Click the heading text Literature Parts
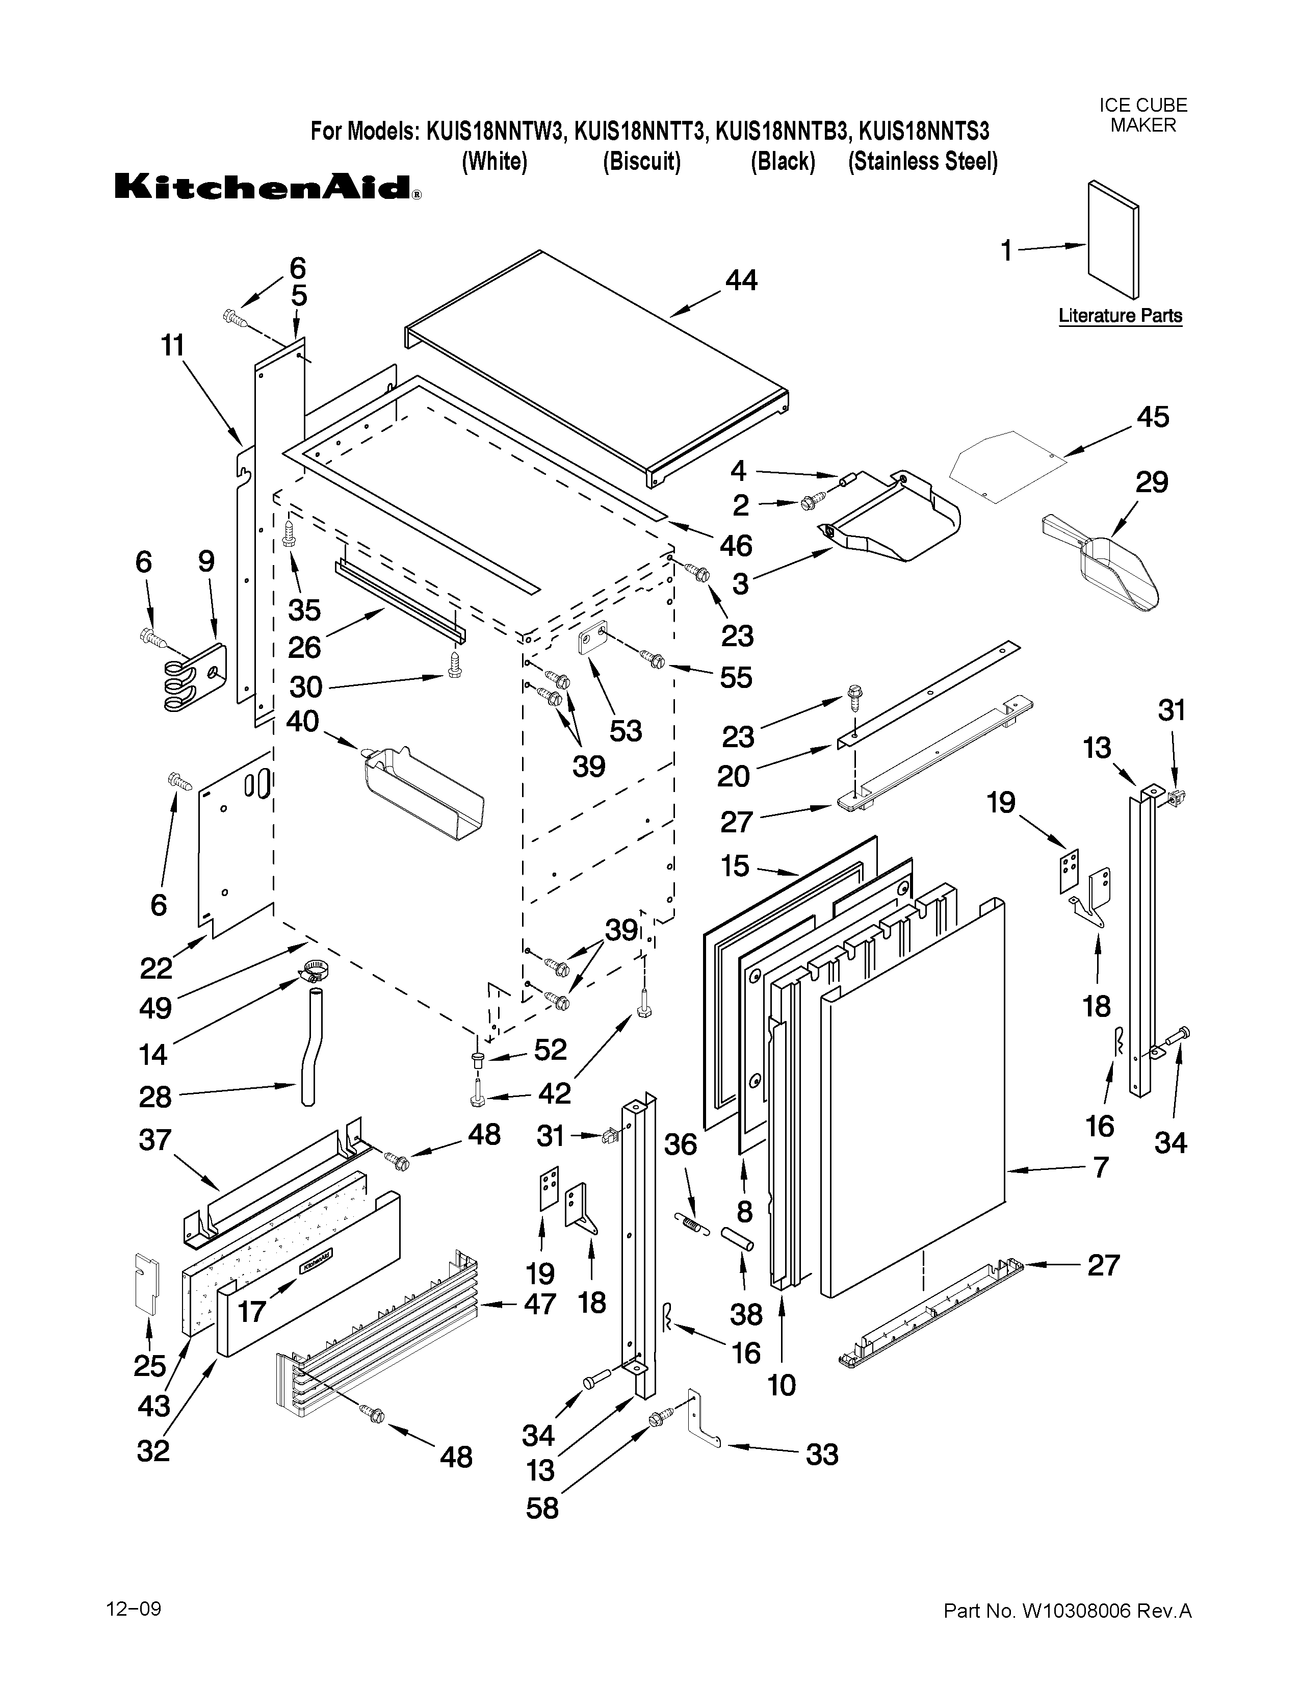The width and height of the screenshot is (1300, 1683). (x=1120, y=315)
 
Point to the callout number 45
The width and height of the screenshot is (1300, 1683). (x=1152, y=417)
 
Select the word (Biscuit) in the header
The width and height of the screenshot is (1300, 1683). (x=641, y=162)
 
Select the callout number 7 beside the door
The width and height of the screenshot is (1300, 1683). (x=1101, y=1167)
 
